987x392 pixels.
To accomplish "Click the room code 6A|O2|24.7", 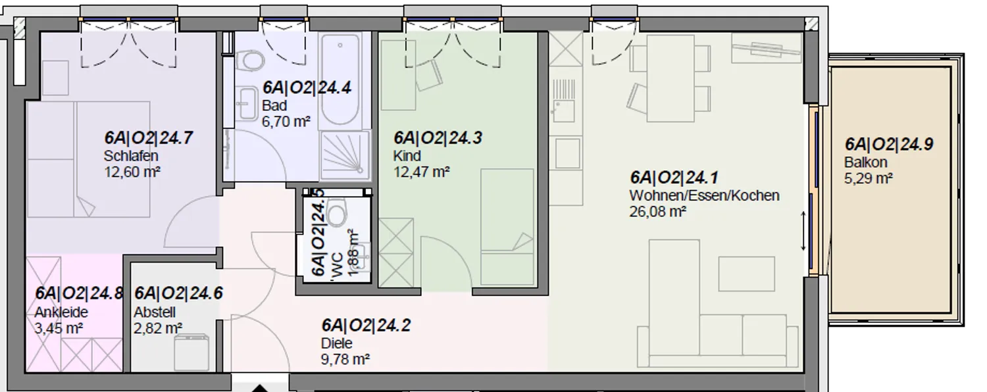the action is (x=149, y=138).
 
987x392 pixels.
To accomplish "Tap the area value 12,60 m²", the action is (x=132, y=172).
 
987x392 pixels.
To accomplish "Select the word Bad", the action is (x=274, y=106).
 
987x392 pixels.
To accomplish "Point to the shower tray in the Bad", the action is (x=345, y=155).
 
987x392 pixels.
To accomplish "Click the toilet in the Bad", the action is (x=249, y=61).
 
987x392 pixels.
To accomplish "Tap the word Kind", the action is (x=407, y=156).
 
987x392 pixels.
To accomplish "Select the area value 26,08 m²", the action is (x=658, y=212).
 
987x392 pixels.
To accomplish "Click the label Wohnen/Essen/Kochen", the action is (x=704, y=195).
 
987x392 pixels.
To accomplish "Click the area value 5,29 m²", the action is (x=869, y=179).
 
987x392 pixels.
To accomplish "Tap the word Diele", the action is (x=337, y=343).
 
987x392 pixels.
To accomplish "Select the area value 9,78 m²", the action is (x=345, y=359).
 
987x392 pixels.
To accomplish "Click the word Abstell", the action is (x=155, y=312).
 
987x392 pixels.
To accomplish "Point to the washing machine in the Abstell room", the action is (x=191, y=353).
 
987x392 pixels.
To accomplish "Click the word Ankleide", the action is (x=61, y=312).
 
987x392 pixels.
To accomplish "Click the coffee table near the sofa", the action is (x=746, y=274).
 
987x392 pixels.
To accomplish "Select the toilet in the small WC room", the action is (x=338, y=213).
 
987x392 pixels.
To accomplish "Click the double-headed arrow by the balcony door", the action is (x=803, y=232).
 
